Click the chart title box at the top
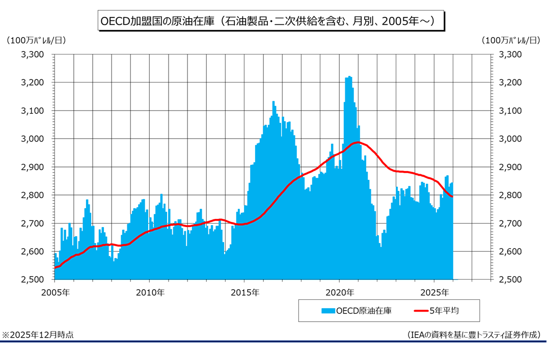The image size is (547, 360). point(270,21)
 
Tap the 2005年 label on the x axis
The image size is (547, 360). point(54,293)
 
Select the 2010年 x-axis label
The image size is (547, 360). point(150,293)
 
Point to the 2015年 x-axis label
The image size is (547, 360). point(244,293)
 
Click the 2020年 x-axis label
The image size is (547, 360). point(339,293)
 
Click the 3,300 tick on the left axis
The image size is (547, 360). point(32,54)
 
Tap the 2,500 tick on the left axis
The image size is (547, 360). point(32,280)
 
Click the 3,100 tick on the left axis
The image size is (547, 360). point(32,111)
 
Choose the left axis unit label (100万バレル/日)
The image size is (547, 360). point(36,40)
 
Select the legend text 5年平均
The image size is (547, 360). point(448,310)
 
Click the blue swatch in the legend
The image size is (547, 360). point(328,310)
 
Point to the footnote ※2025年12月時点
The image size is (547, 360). point(38,335)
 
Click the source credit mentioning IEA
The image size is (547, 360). point(474,335)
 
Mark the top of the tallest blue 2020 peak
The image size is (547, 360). point(349,77)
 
